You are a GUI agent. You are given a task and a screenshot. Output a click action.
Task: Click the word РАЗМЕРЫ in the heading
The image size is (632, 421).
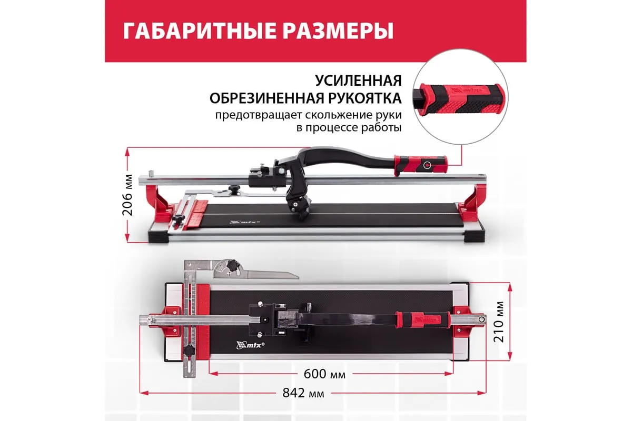pos(338,31)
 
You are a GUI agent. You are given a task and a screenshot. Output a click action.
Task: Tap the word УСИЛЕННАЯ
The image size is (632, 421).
pos(358,81)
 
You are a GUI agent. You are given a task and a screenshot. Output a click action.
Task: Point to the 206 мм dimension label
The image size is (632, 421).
pos(128,195)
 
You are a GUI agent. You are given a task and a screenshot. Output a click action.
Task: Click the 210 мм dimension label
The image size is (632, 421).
pos(499,322)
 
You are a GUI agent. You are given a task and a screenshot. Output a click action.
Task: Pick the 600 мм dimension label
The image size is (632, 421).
pos(324,374)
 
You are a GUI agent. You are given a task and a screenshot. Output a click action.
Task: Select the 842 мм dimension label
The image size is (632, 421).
pos(303,393)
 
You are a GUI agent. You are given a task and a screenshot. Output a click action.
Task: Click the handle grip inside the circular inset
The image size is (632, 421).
pos(461,99)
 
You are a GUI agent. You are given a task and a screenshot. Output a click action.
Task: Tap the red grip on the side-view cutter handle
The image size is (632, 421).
pos(420,164)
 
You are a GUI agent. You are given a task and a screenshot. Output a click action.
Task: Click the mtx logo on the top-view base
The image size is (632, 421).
pos(250,345)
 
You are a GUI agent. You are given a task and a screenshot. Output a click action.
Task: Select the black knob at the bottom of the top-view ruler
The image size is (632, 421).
pos(189,351)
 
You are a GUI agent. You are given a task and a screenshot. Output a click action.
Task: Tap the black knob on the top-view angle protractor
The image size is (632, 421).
pos(234,265)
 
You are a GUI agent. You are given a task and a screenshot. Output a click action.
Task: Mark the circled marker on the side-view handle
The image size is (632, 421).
pos(427,165)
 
